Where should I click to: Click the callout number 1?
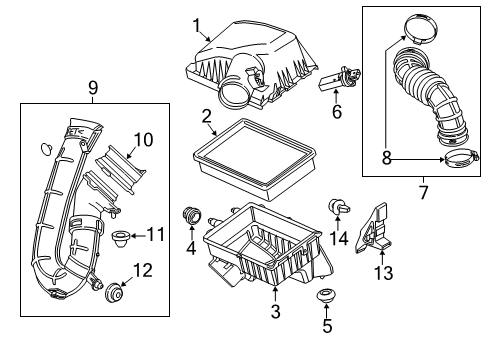pos(197,24)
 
